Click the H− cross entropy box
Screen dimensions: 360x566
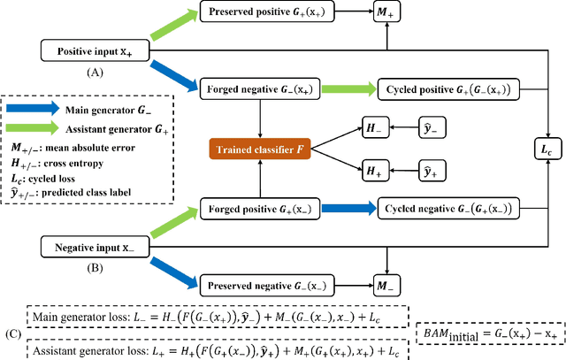(x=376, y=129)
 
